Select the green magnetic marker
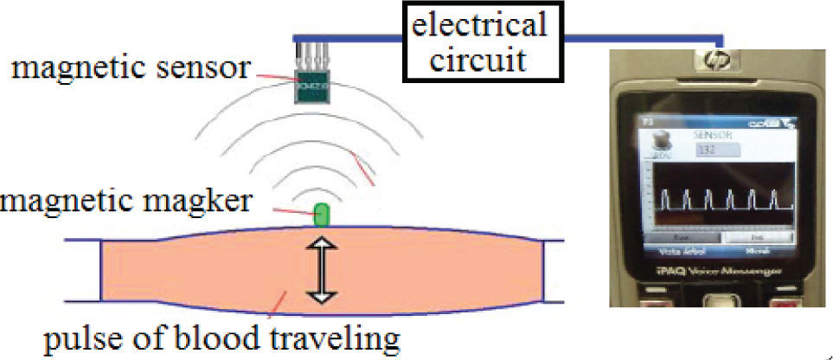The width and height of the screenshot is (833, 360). tap(321, 214)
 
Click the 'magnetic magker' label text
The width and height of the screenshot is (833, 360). tap(126, 202)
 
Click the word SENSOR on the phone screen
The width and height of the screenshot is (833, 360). tap(714, 137)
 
